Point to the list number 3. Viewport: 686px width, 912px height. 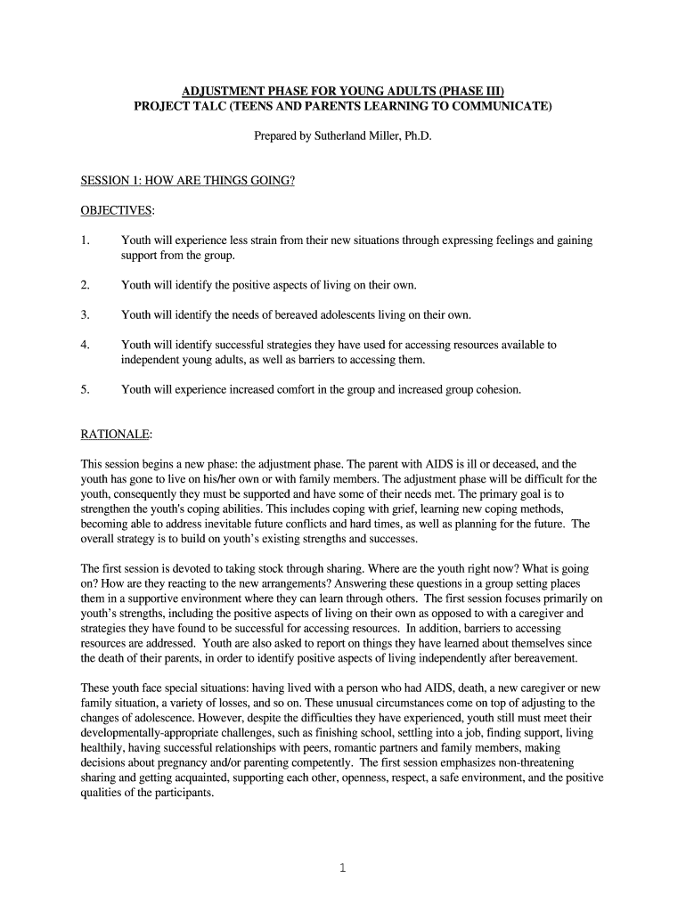click(85, 314)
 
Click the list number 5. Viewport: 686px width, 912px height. click(85, 389)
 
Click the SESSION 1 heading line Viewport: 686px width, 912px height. click(187, 181)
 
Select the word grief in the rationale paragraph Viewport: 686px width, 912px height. click(397, 509)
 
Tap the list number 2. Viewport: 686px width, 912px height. click(85, 285)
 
